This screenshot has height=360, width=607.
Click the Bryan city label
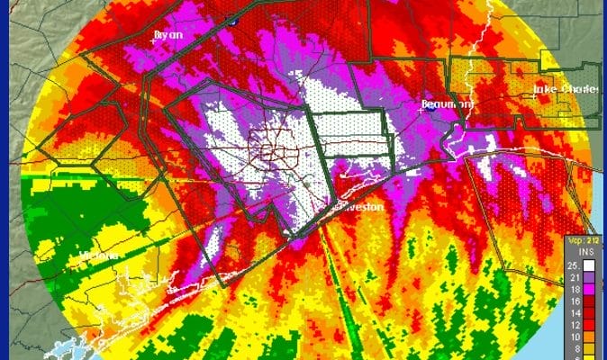pyautogui.click(x=168, y=34)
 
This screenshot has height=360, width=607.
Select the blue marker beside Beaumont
pyautogui.click(x=467, y=109)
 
